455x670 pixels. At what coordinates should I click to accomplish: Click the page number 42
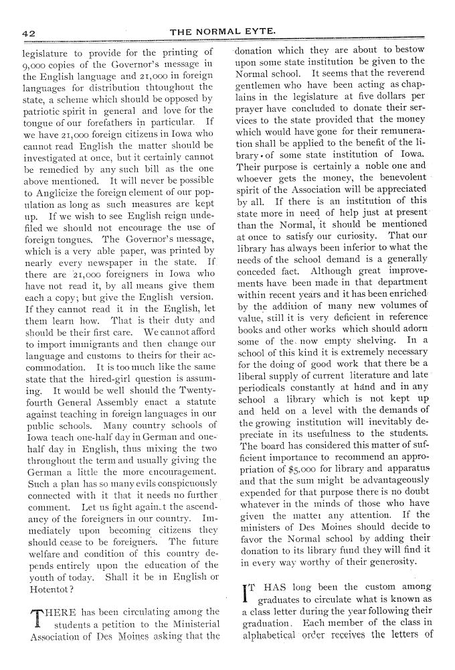[29, 31]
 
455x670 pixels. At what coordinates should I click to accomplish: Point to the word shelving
[365, 340]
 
